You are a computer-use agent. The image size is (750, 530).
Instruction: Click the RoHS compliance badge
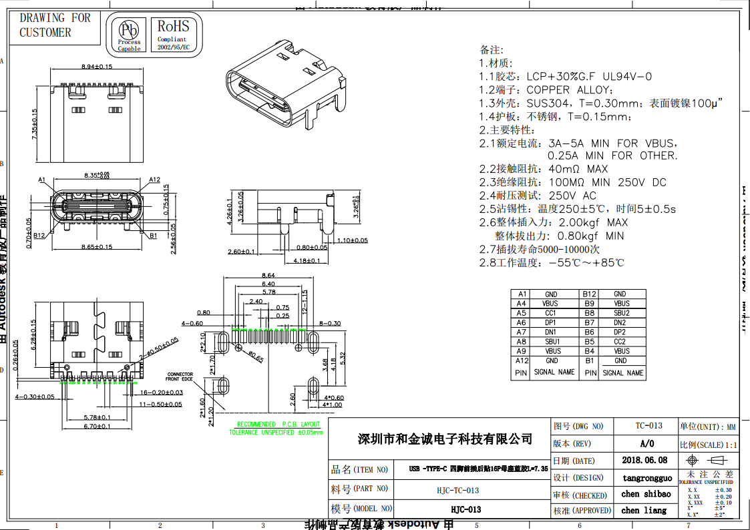click(x=174, y=34)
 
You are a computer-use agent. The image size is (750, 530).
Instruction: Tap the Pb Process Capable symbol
click(x=129, y=35)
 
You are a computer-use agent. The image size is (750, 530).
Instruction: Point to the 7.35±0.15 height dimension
click(x=35, y=123)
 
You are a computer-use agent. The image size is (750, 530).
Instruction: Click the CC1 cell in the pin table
click(x=550, y=312)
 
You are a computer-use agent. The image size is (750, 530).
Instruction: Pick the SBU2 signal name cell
click(x=621, y=312)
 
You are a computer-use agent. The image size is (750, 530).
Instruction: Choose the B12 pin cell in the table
click(x=589, y=294)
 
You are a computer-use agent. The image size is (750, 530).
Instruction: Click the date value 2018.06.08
click(x=644, y=460)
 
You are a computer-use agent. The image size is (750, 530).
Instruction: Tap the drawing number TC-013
click(x=648, y=426)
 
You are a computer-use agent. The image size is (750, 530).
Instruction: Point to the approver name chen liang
click(x=644, y=510)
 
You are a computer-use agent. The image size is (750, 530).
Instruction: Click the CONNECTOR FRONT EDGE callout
click(x=180, y=376)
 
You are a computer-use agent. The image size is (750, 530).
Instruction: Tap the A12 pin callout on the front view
click(x=154, y=180)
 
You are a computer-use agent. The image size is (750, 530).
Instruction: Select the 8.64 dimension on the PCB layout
click(x=268, y=275)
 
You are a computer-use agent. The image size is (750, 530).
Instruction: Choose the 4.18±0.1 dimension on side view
click(x=302, y=261)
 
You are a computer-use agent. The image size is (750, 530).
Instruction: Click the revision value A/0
click(x=647, y=443)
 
